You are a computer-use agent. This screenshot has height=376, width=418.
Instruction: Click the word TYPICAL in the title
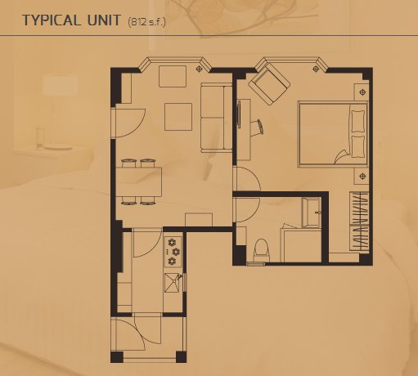click(x=52, y=20)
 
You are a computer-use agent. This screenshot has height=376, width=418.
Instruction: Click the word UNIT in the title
click(x=104, y=20)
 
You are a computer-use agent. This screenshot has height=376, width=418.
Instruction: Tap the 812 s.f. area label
click(x=146, y=21)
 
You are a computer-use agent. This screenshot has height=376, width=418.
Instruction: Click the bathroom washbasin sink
click(x=311, y=213)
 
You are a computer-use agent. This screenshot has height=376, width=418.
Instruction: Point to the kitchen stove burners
click(x=173, y=251)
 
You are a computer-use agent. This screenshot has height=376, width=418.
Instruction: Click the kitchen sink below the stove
click(x=173, y=283)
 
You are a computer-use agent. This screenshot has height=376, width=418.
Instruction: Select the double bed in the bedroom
click(x=333, y=133)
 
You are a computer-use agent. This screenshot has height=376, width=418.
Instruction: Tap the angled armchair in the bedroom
click(x=269, y=83)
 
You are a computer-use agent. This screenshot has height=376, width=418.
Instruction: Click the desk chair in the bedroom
click(x=258, y=128)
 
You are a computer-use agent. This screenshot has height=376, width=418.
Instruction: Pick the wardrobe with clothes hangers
click(x=359, y=221)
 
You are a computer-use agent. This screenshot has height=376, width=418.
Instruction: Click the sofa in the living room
click(x=217, y=118)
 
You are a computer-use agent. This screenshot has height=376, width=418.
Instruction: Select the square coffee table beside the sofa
click(x=178, y=117)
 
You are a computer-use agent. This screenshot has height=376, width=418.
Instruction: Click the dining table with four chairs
click(x=139, y=181)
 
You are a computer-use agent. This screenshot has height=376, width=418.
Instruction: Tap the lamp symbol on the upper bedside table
click(x=362, y=92)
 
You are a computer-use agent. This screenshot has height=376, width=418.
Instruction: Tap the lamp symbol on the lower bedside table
click(x=362, y=177)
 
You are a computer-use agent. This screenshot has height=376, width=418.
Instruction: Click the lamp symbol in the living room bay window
click(x=200, y=69)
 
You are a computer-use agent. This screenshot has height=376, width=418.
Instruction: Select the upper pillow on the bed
click(x=357, y=121)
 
